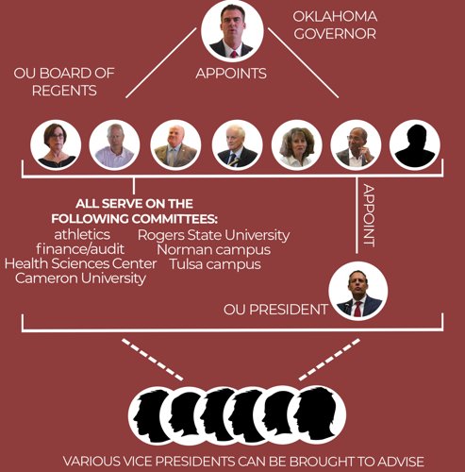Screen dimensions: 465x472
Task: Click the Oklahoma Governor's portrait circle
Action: pyautogui.click(x=232, y=30)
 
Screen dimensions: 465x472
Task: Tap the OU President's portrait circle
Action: pyautogui.click(x=358, y=291)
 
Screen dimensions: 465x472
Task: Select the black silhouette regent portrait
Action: pyautogui.click(x=415, y=144)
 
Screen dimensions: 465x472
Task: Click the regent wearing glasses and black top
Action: pyautogui.click(x=56, y=144)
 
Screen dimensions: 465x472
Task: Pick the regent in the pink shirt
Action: pyautogui.click(x=114, y=144)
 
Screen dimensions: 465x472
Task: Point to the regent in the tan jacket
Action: pyautogui.click(x=175, y=144)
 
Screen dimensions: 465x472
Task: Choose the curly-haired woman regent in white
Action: pyautogui.click(x=296, y=144)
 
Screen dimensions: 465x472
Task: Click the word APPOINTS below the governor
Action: pyautogui.click(x=231, y=74)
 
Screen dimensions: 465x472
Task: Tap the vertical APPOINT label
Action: pyautogui.click(x=369, y=215)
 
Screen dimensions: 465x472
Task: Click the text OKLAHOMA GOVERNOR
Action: pyautogui.click(x=335, y=25)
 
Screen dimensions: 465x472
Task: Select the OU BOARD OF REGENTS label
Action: pyautogui.click(x=64, y=82)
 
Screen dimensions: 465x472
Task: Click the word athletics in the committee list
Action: pyautogui.click(x=82, y=234)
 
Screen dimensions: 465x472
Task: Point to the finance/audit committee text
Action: pyautogui.click(x=80, y=249)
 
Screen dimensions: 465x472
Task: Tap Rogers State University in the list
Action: pyautogui.click(x=213, y=235)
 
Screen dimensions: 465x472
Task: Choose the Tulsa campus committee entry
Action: pyautogui.click(x=215, y=264)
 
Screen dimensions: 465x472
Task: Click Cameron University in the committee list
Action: pyautogui.click(x=80, y=278)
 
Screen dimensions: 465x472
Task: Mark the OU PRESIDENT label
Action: pyautogui.click(x=275, y=310)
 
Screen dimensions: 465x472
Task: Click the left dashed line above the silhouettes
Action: pyautogui.click(x=152, y=360)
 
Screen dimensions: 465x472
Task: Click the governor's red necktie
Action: pyautogui.click(x=234, y=55)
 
